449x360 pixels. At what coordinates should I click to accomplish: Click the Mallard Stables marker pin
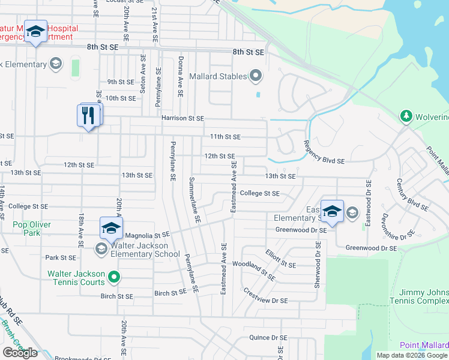point(256,76)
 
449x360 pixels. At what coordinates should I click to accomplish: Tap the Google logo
point(20,352)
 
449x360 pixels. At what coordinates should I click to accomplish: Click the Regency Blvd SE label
point(324,152)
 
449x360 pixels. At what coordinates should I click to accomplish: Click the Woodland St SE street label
point(254,271)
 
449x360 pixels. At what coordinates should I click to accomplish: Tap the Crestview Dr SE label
point(266,295)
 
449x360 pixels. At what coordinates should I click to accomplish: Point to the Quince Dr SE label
point(268,338)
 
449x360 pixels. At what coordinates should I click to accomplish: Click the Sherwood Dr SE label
point(317,265)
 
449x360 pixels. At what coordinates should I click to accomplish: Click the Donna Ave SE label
point(180,77)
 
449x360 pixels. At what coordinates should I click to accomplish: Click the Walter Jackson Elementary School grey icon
point(101,248)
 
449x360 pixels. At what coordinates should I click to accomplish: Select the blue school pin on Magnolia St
point(111,227)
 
